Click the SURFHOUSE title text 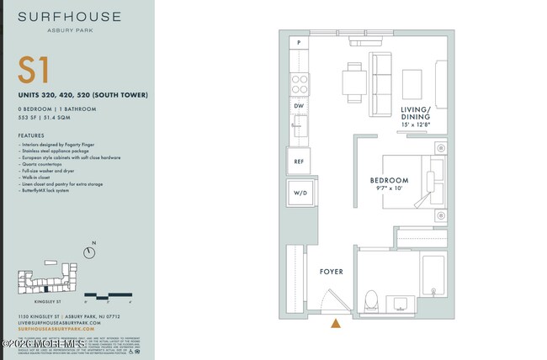[x=68, y=16]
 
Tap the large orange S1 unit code [x=34, y=70]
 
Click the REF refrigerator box [x=299, y=160]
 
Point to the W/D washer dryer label [x=299, y=193]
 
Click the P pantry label [x=299, y=42]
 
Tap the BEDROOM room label [x=389, y=180]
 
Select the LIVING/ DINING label [x=415, y=114]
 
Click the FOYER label [x=332, y=272]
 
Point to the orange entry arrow [x=336, y=322]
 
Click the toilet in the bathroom [x=371, y=298]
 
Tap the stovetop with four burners [x=300, y=82]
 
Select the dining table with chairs [x=353, y=82]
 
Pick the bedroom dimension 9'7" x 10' [x=389, y=190]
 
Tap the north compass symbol [x=90, y=251]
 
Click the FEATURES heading [x=30, y=135]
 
